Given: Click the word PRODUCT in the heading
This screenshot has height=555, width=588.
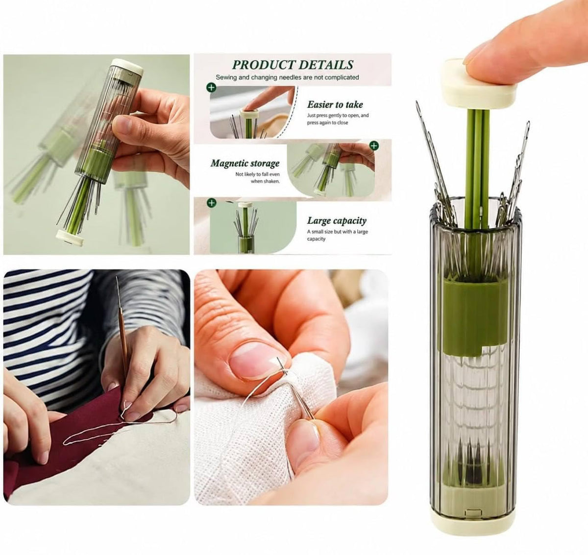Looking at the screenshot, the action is click(264, 65).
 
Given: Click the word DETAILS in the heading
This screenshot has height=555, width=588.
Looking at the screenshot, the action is click(326, 65).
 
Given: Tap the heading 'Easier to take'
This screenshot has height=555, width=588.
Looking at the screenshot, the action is click(335, 104).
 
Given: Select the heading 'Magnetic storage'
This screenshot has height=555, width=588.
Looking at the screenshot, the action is click(245, 164).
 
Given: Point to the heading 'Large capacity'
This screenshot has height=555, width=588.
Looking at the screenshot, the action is click(337, 220).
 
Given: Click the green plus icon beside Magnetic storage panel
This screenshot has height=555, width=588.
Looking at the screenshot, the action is click(374, 145).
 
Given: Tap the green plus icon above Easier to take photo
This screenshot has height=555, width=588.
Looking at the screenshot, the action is click(211, 88).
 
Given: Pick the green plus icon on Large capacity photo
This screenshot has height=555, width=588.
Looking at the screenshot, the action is click(212, 203).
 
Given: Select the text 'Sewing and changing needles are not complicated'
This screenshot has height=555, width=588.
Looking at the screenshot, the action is click(287, 77).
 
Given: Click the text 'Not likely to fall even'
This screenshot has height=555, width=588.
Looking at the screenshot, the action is click(257, 174).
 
